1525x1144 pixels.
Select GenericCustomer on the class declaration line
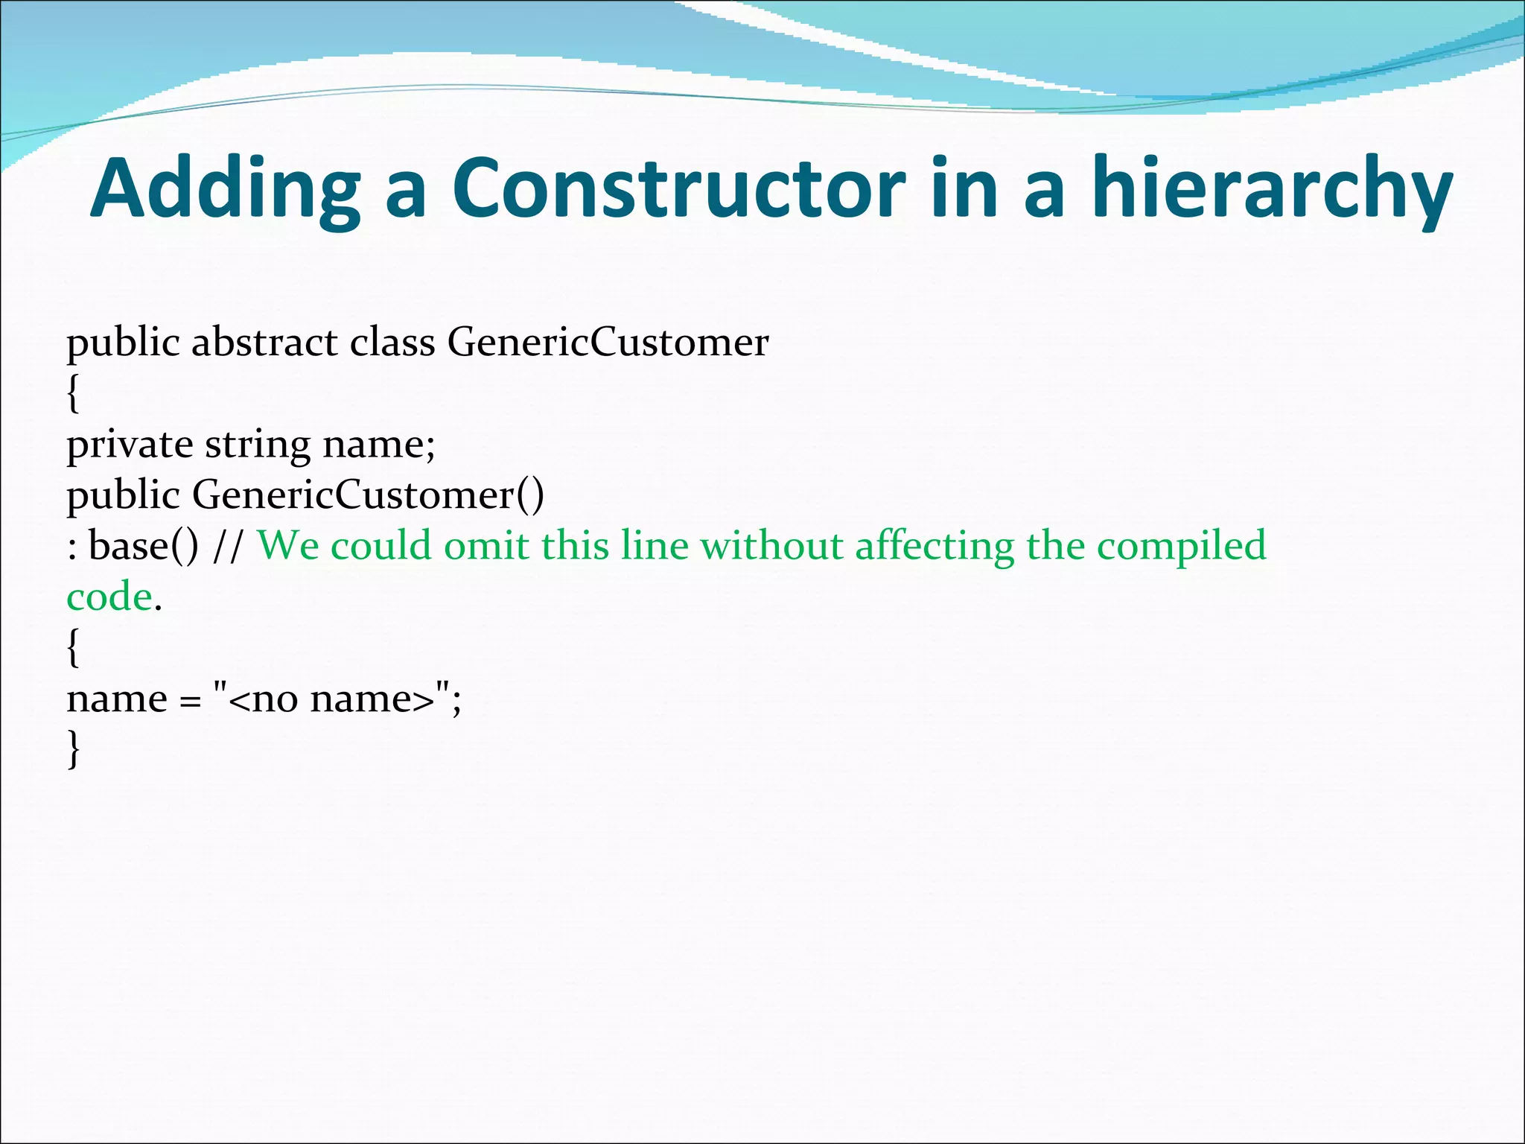pyautogui.click(x=608, y=343)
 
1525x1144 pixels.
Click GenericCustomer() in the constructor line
pyautogui.click(x=368, y=495)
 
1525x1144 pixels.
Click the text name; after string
pyautogui.click(x=378, y=445)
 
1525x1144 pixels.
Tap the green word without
pyautogui.click(x=771, y=546)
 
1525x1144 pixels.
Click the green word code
pyautogui.click(x=109, y=597)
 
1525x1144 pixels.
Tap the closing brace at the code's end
pyautogui.click(x=73, y=749)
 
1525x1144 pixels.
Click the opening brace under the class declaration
pyautogui.click(x=73, y=393)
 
